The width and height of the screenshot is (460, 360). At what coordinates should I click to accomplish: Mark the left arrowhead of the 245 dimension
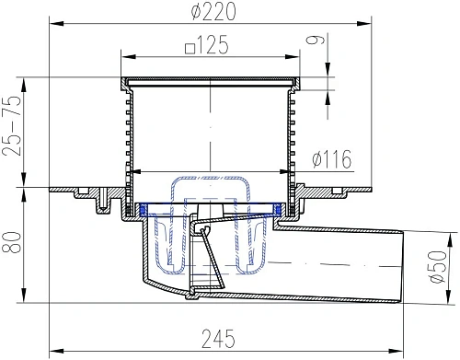click(x=53, y=351)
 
